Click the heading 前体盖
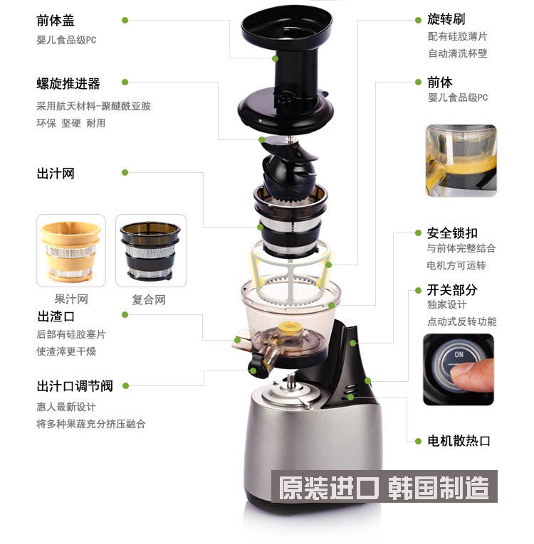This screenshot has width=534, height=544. click(x=56, y=20)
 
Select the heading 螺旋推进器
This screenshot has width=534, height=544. click(x=68, y=84)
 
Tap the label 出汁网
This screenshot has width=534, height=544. click(x=56, y=173)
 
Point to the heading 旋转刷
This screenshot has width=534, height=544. click(x=446, y=19)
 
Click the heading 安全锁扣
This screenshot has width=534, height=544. click(x=452, y=233)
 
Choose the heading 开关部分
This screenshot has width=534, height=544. click(x=452, y=289)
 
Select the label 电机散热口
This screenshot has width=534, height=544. click(x=459, y=441)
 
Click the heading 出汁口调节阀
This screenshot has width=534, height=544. click(x=75, y=386)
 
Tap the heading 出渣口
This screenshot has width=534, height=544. click(x=56, y=316)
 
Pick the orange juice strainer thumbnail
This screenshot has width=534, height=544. click(x=71, y=251)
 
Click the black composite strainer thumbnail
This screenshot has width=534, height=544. click(x=150, y=251)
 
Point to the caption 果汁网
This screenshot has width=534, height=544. click(x=71, y=299)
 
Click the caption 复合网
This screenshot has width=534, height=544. click(x=149, y=299)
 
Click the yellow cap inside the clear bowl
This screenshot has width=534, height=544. click(x=289, y=327)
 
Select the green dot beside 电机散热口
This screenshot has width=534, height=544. click(x=419, y=442)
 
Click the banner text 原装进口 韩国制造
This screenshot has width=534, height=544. click(x=384, y=487)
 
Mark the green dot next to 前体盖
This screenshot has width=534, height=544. click(x=125, y=21)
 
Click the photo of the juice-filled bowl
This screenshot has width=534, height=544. click(x=461, y=161)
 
